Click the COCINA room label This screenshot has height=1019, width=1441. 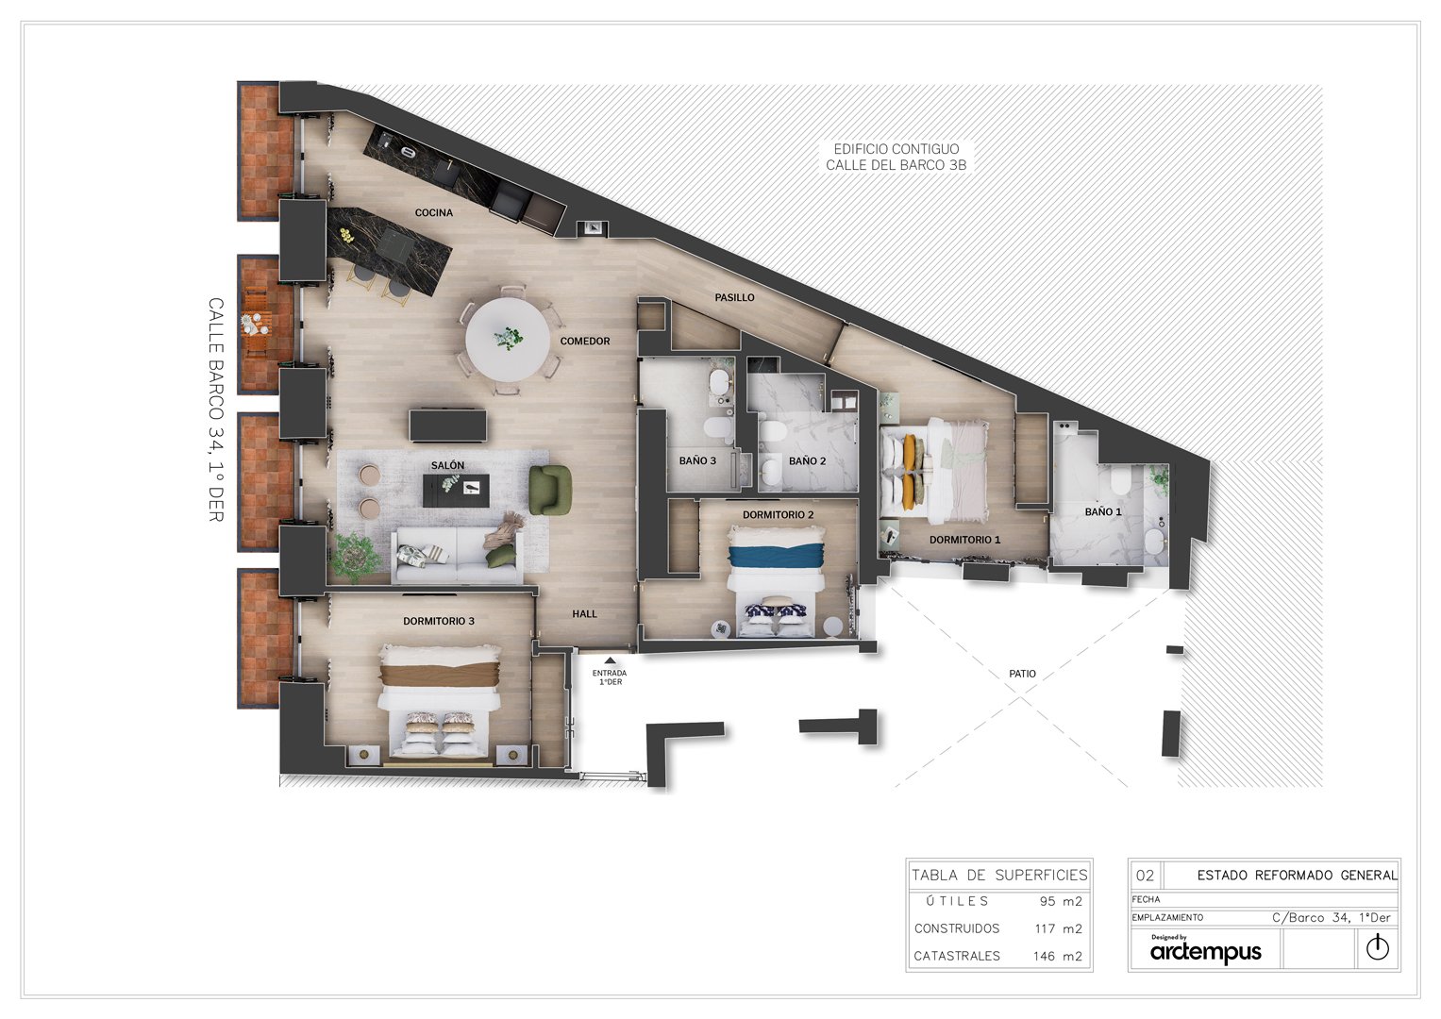(x=433, y=212)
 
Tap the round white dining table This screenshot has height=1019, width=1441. (x=504, y=339)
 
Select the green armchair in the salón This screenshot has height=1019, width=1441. (x=550, y=490)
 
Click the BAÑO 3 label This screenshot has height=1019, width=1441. (x=697, y=460)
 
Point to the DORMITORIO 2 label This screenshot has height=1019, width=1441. (x=779, y=514)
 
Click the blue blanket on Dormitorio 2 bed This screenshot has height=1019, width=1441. (x=777, y=555)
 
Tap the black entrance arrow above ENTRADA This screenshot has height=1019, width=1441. (x=610, y=660)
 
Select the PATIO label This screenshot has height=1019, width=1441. (x=1022, y=674)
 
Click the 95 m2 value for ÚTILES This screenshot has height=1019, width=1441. (x=1061, y=901)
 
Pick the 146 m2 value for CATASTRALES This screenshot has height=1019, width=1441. (x=1058, y=956)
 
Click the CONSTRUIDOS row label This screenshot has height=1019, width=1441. (x=957, y=928)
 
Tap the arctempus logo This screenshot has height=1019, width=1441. (x=1205, y=951)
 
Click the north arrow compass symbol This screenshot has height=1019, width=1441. (x=1378, y=947)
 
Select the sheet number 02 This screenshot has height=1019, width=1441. (x=1145, y=876)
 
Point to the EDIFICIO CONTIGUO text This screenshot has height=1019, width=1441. (x=896, y=149)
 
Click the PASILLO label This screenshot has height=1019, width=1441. (x=734, y=298)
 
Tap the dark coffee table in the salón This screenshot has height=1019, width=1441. (x=456, y=491)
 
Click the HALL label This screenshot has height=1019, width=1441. (x=585, y=613)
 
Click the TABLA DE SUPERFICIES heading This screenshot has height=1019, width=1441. (x=999, y=875)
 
